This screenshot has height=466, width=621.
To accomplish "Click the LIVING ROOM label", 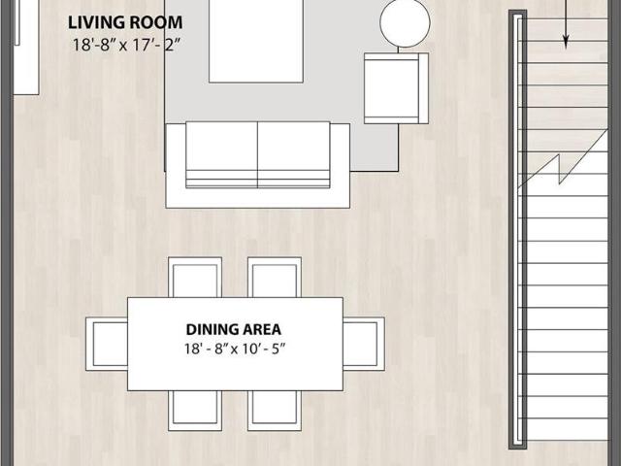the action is (125, 22).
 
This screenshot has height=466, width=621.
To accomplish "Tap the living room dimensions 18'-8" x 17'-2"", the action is (126, 46).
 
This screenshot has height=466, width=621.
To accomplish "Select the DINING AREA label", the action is (234, 330).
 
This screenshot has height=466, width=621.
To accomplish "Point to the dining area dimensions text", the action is (235, 349).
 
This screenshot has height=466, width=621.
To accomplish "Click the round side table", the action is (405, 22).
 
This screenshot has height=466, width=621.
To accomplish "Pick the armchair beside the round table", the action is (396, 88).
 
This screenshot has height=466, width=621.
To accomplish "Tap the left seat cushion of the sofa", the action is (221, 154).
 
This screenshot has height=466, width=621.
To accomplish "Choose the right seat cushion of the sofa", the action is (294, 154).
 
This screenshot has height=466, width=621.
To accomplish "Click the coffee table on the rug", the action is (256, 41).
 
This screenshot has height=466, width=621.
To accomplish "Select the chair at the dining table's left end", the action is (107, 344).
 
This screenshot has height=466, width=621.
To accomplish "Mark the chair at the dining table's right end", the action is (364, 344).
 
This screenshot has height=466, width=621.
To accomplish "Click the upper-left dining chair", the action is (195, 278).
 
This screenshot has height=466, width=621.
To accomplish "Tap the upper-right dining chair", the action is (275, 278).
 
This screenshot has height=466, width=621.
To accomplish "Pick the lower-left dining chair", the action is (195, 411).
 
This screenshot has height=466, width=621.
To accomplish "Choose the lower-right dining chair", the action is (275, 411).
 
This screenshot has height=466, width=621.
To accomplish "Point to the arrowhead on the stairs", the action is (566, 41).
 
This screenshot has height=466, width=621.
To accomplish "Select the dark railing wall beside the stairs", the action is (517, 229).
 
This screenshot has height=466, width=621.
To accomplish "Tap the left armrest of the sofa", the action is (176, 165).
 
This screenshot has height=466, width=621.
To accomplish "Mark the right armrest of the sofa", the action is (341, 165).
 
